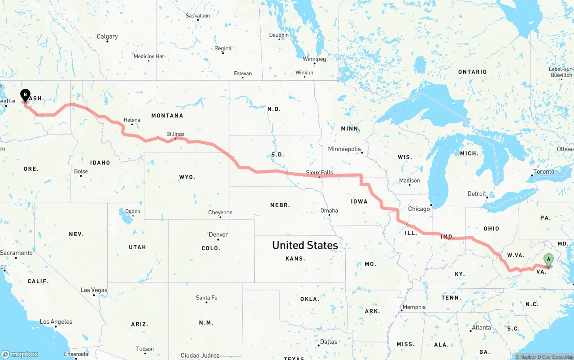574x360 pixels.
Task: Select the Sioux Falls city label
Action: [319, 172]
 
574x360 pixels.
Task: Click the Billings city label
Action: [175, 134]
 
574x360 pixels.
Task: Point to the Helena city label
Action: [132, 120]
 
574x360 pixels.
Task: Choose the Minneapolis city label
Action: [344, 149]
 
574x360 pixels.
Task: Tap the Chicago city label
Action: [419, 209]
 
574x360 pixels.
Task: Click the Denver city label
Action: [218, 234]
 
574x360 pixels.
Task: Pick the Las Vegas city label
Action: [94, 290]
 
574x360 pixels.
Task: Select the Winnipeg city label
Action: [314, 59]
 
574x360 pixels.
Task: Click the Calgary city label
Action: [107, 36]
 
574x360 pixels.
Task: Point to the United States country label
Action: [305, 245]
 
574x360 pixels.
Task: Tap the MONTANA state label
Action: [167, 116]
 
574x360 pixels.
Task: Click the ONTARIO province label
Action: [472, 72]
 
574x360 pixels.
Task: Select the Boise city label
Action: [81, 171]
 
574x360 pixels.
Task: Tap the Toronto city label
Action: [544, 171]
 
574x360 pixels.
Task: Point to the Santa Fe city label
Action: [206, 298]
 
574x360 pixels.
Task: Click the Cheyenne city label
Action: [220, 213]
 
